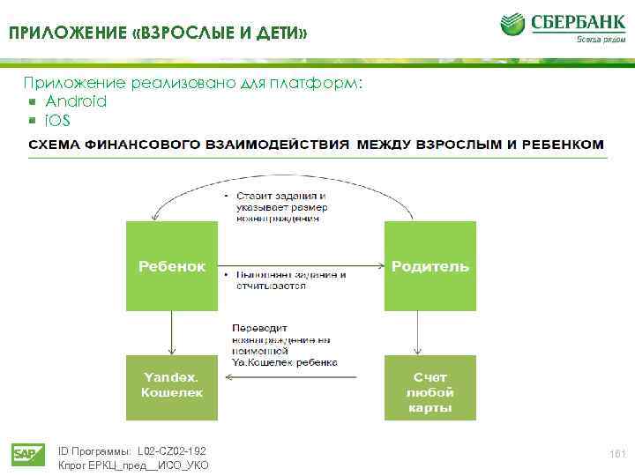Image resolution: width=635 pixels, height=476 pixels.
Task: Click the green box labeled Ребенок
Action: pyautogui.click(x=172, y=265)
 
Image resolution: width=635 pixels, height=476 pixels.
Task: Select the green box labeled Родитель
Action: pyautogui.click(x=430, y=265)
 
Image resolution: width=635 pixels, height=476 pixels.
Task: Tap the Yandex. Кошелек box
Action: pyautogui.click(x=172, y=386)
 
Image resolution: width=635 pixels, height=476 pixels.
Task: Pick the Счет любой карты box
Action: pyautogui.click(x=430, y=387)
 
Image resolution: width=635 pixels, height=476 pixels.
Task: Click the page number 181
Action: pyautogui.click(x=616, y=452)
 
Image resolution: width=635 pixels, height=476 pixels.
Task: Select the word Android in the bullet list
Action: pyautogui.click(x=76, y=101)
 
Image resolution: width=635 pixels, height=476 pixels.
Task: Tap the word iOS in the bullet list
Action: pyautogui.click(x=57, y=120)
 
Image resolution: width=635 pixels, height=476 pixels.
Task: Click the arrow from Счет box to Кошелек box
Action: pyautogui.click(x=304, y=378)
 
